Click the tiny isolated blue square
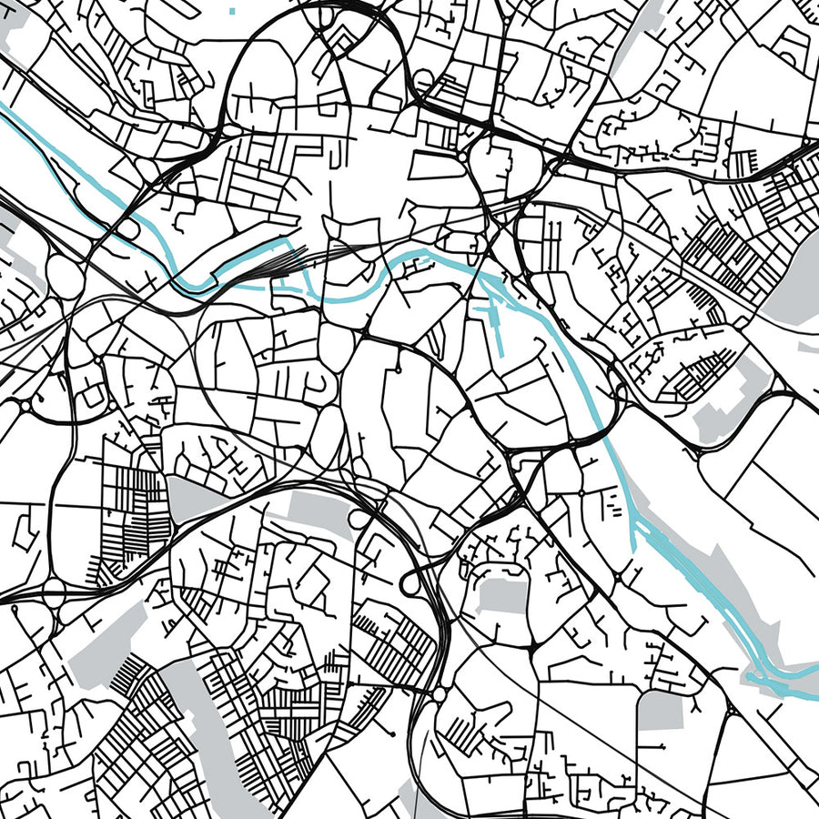pyautogui.click(x=234, y=11)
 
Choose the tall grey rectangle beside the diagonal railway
pyautogui.click(x=661, y=710)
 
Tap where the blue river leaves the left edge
pyautogui.click(x=5, y=109)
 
